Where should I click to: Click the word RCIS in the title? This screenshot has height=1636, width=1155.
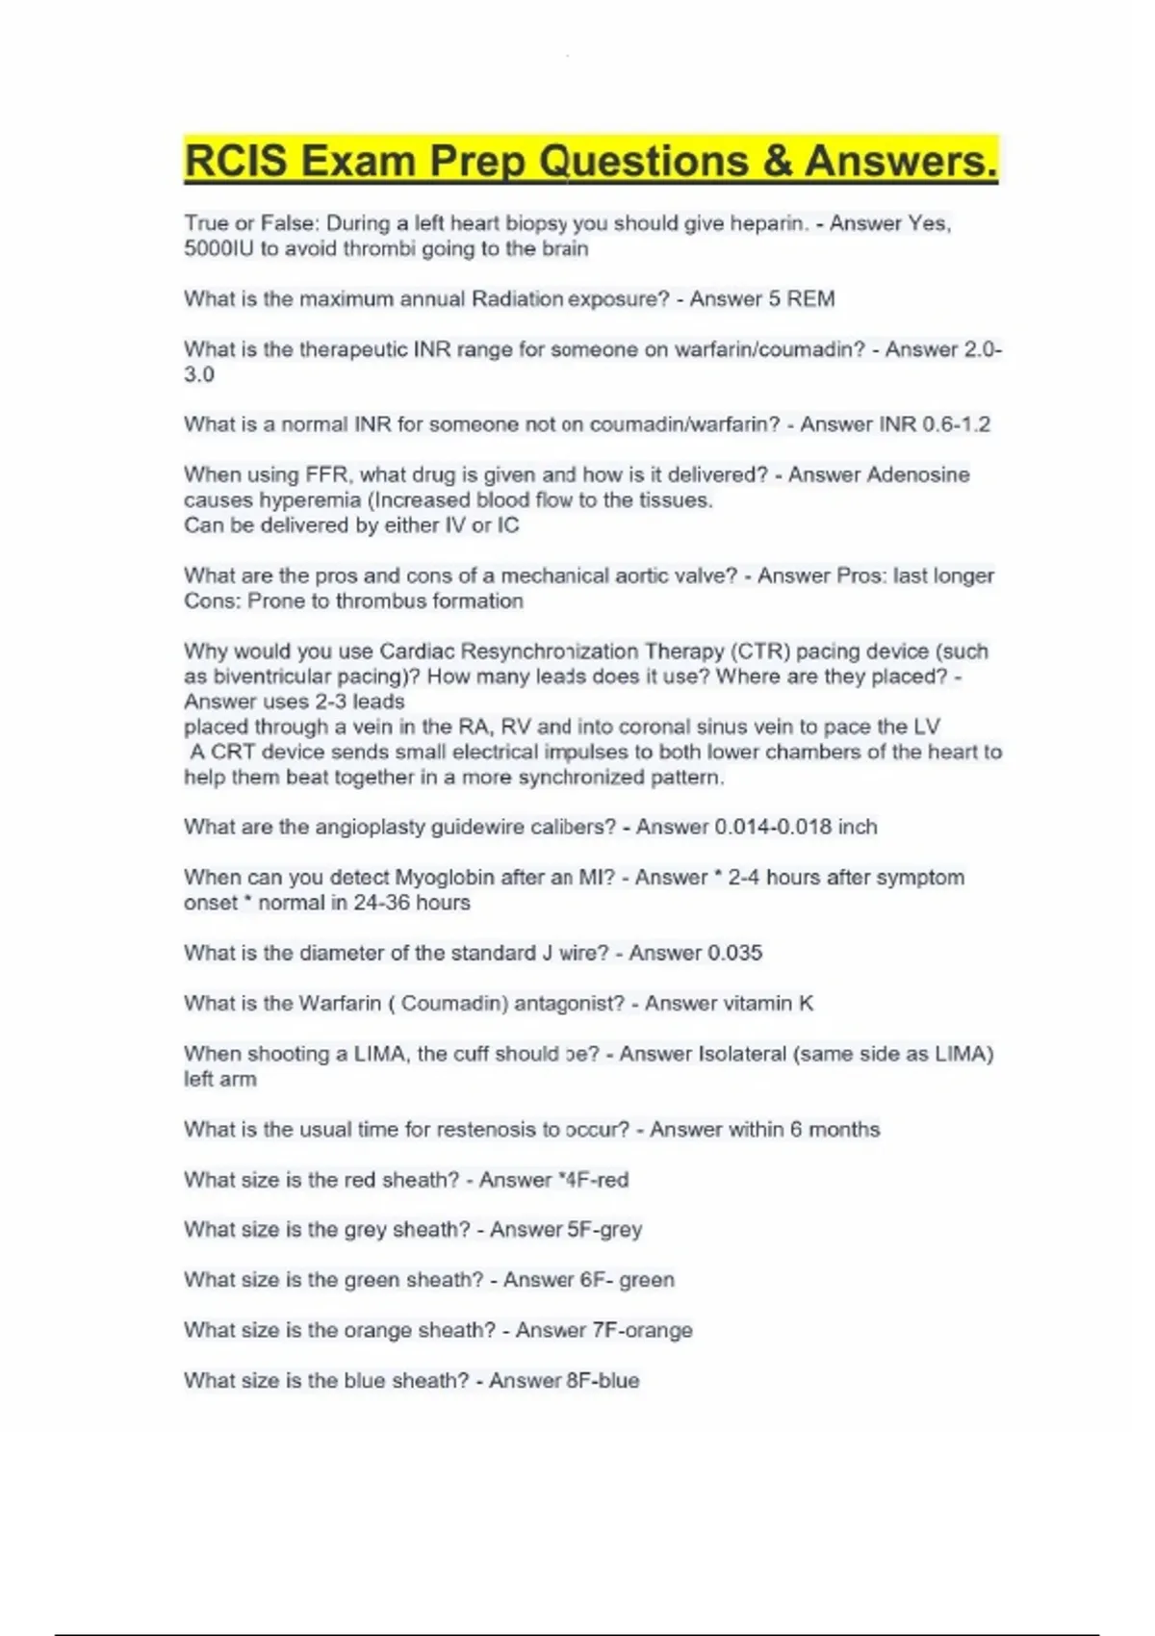click(235, 161)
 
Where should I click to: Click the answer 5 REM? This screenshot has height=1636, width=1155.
click(801, 299)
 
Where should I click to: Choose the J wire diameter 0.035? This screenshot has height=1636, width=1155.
click(734, 953)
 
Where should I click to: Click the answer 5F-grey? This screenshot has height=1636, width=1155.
click(604, 1230)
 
